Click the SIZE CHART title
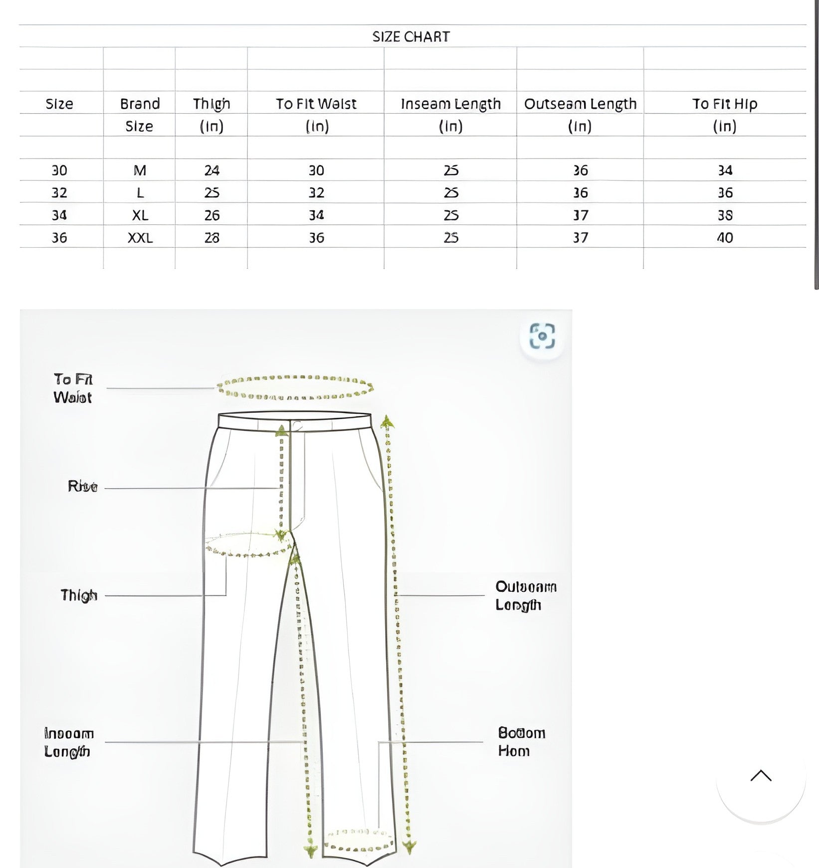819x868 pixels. [x=411, y=36]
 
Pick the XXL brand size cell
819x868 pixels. [x=140, y=238]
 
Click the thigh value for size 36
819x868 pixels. [x=211, y=238]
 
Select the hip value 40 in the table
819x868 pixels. [x=725, y=238]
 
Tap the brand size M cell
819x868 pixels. [x=140, y=171]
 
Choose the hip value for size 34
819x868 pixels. [x=725, y=215]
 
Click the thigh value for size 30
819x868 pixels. [x=211, y=171]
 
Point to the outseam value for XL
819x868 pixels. [x=580, y=215]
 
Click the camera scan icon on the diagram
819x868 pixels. [x=542, y=336]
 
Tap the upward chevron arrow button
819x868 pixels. [x=761, y=776]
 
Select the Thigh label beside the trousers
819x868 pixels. [x=79, y=595]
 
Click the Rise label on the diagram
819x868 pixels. [x=83, y=487]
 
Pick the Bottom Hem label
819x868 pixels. [x=521, y=742]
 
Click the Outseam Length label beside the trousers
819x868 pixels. [x=525, y=596]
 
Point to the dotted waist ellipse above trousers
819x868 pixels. [x=295, y=387]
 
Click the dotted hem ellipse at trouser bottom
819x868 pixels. [x=358, y=840]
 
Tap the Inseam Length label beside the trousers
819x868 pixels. [x=69, y=742]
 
